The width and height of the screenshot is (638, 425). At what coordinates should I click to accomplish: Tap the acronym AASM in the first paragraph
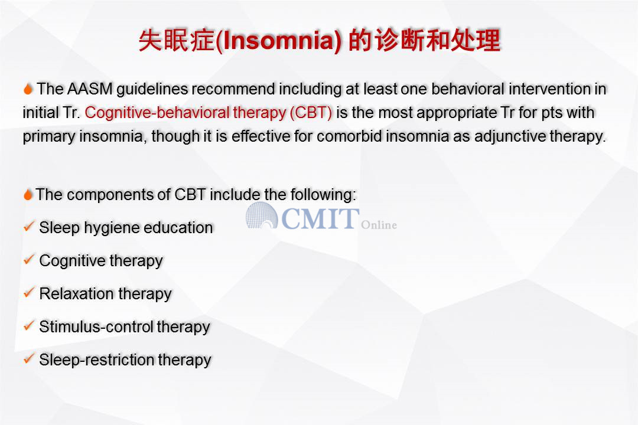click(x=90, y=89)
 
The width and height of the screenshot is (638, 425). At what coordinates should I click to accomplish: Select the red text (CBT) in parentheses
click(x=311, y=113)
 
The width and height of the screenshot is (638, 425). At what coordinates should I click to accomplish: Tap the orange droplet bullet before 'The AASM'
click(x=28, y=89)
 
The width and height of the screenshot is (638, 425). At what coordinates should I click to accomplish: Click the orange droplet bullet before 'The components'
click(x=28, y=195)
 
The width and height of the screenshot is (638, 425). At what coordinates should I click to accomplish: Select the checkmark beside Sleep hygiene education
click(x=29, y=227)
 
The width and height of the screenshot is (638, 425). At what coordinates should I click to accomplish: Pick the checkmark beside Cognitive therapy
click(x=29, y=260)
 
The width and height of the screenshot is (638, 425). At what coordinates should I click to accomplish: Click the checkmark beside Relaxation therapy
click(x=29, y=292)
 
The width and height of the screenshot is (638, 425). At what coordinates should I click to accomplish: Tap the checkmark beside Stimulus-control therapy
click(x=29, y=326)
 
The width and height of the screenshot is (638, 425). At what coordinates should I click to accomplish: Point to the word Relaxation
click(x=76, y=293)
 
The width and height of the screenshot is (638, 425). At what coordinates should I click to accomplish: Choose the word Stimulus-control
click(x=96, y=326)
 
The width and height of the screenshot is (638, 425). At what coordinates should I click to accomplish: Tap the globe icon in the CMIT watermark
click(x=262, y=215)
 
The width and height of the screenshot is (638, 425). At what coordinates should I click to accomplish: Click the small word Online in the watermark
click(x=379, y=225)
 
